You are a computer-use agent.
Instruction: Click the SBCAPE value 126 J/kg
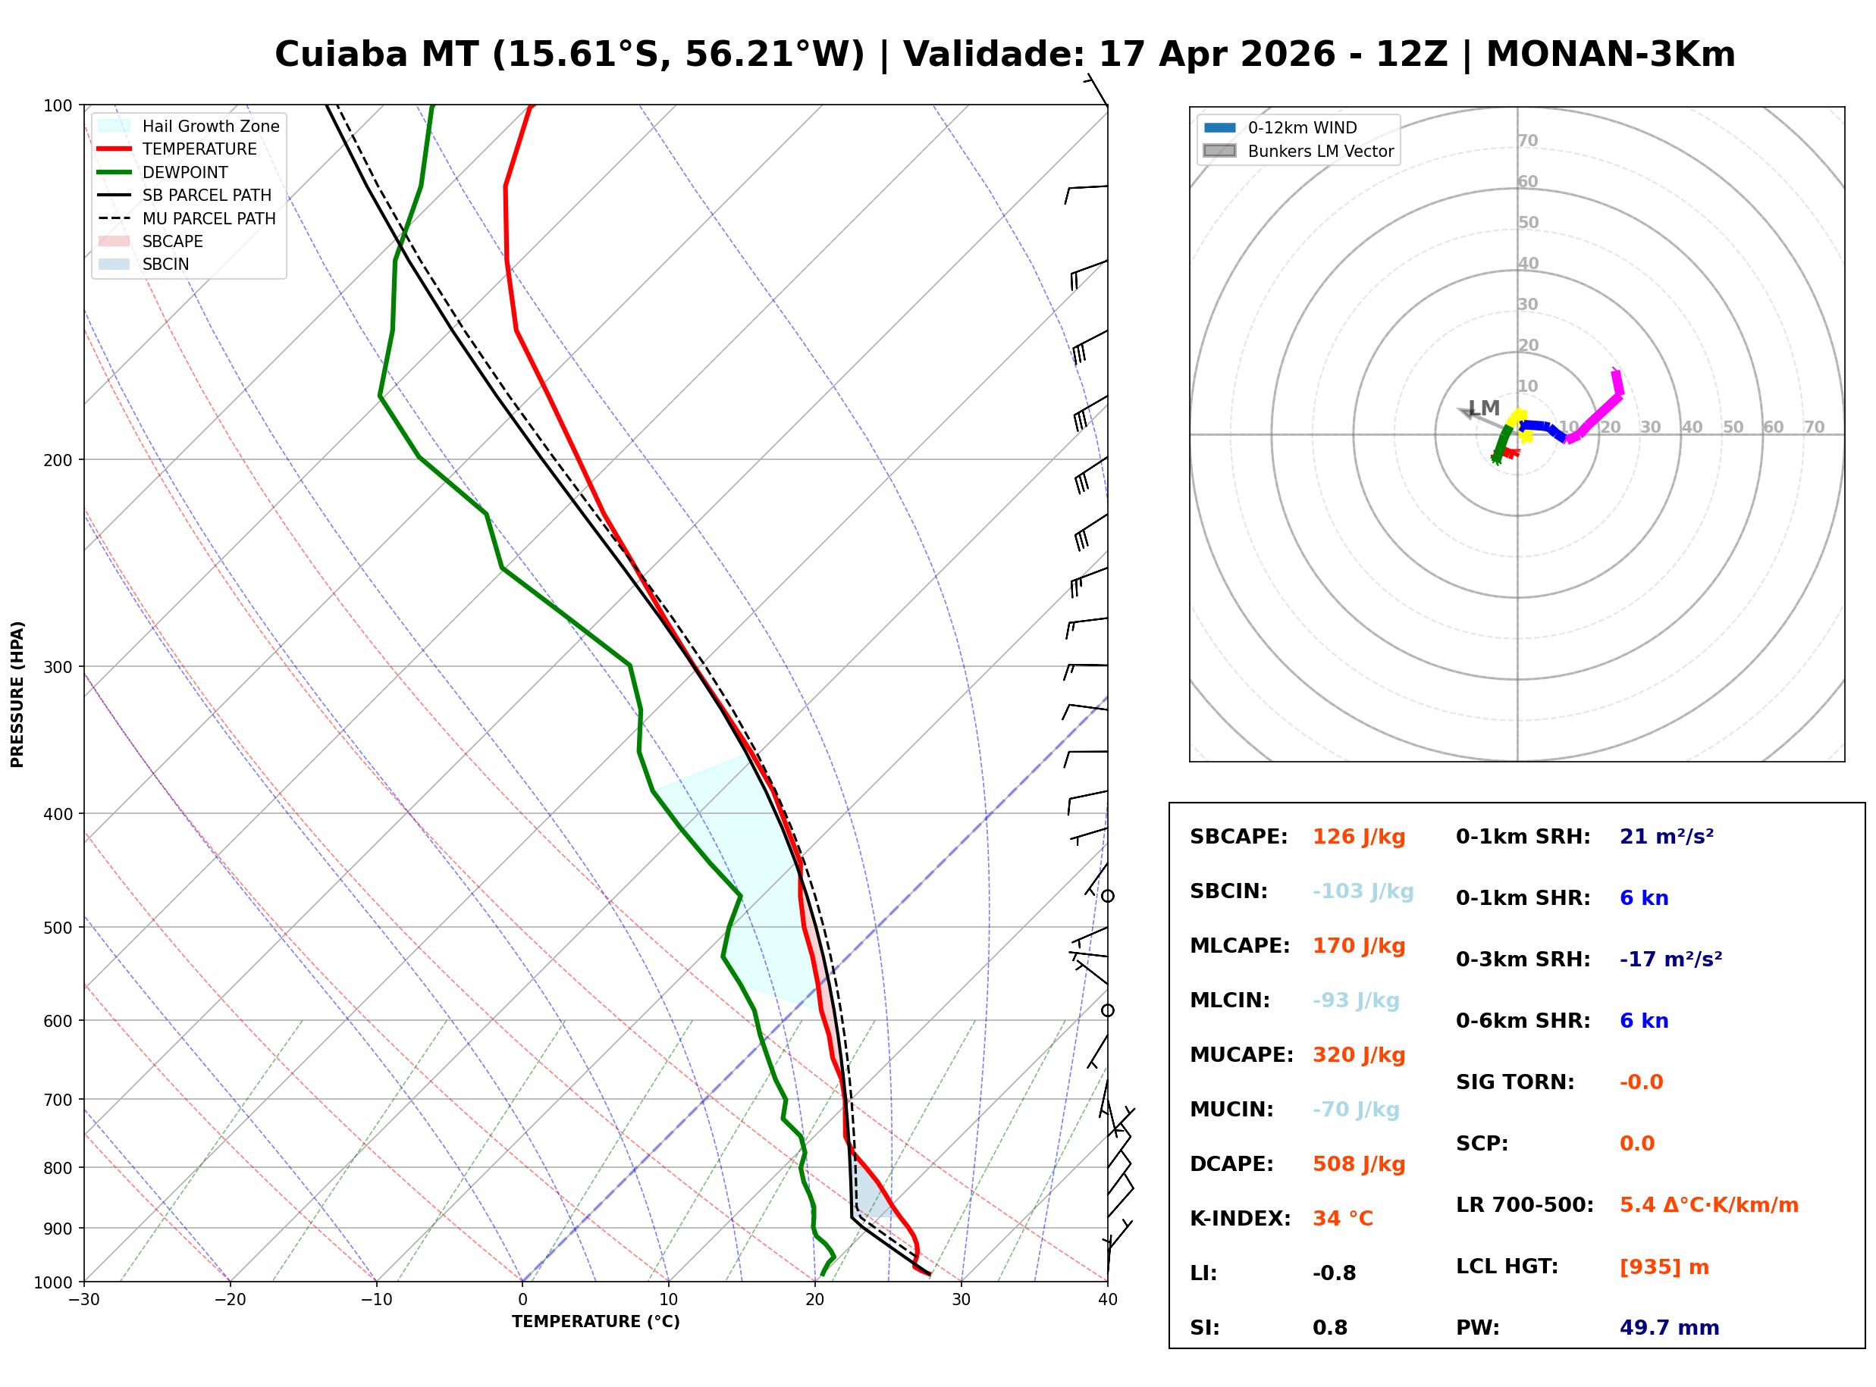[1359, 837]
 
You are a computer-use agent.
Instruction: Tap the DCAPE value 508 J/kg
[1359, 1164]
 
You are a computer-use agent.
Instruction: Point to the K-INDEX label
[1241, 1219]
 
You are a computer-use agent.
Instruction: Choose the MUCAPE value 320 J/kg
[1359, 1055]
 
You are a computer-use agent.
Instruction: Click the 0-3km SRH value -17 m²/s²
[1671, 960]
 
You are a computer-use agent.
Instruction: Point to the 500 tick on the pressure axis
[58, 928]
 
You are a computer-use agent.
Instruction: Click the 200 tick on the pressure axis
[58, 460]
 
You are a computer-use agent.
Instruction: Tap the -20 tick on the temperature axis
[230, 1301]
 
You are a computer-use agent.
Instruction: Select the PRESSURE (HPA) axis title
[17, 694]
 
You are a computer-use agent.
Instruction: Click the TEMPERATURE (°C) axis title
[596, 1323]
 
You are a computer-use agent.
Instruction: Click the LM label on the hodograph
[1485, 409]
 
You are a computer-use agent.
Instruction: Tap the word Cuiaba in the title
[342, 55]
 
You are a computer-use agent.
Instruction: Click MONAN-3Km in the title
[1611, 55]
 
